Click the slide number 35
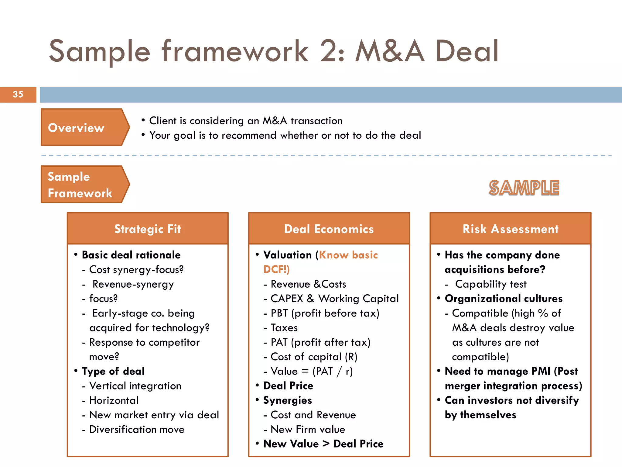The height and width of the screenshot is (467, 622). pyautogui.click(x=18, y=94)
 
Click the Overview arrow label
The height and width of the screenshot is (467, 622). pyautogui.click(x=76, y=128)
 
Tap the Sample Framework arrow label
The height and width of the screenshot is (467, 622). pyautogui.click(x=80, y=185)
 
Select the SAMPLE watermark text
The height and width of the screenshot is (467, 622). pyautogui.click(x=524, y=188)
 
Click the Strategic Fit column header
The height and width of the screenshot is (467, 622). pyautogui.click(x=148, y=229)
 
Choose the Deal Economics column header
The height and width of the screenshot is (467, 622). pyautogui.click(x=329, y=229)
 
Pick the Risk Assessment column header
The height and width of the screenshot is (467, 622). pyautogui.click(x=510, y=229)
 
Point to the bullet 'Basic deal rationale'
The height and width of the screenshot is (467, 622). pyautogui.click(x=131, y=255)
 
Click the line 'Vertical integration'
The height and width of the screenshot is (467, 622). pyautogui.click(x=135, y=386)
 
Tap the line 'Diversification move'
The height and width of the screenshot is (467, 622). pyautogui.click(x=137, y=429)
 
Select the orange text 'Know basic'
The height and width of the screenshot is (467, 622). pyautogui.click(x=349, y=255)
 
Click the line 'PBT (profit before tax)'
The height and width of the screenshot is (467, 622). pyautogui.click(x=325, y=313)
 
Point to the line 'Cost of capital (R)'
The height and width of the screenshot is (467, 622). pyautogui.click(x=314, y=357)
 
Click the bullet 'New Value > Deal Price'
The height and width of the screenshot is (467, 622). pyautogui.click(x=323, y=444)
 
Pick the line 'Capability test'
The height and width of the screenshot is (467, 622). pyautogui.click(x=490, y=284)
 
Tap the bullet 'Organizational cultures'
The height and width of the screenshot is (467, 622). pyautogui.click(x=504, y=299)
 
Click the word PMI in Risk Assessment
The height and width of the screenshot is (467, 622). pyautogui.click(x=541, y=371)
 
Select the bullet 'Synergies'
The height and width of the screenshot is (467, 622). pyautogui.click(x=288, y=400)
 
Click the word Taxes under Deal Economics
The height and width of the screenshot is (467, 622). pyautogui.click(x=284, y=328)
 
